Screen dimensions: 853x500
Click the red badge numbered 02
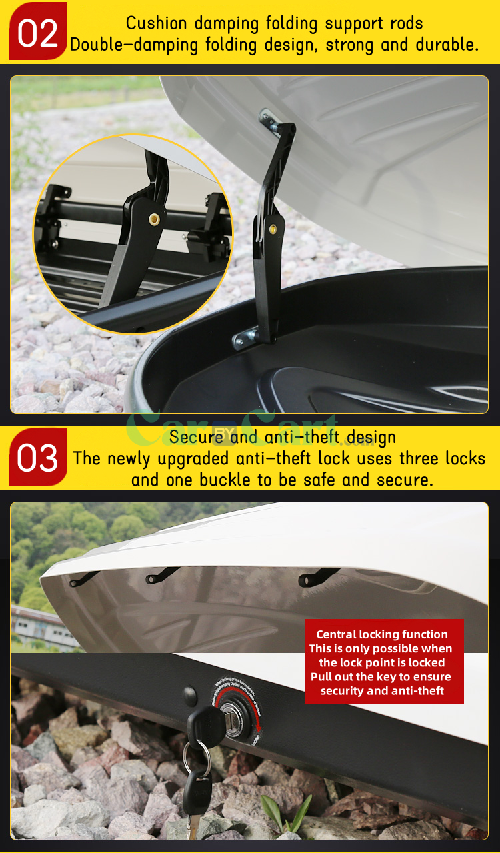click(x=38, y=31)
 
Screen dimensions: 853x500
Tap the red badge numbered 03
click(x=38, y=457)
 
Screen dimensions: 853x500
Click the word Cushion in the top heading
click(x=157, y=23)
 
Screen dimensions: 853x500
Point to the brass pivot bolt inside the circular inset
click(x=155, y=219)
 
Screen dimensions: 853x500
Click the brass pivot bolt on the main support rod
click(x=273, y=228)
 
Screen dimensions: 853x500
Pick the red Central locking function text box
click(x=384, y=662)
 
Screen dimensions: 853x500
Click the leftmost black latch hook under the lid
click(x=83, y=578)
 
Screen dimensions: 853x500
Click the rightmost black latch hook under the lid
click(x=316, y=576)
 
